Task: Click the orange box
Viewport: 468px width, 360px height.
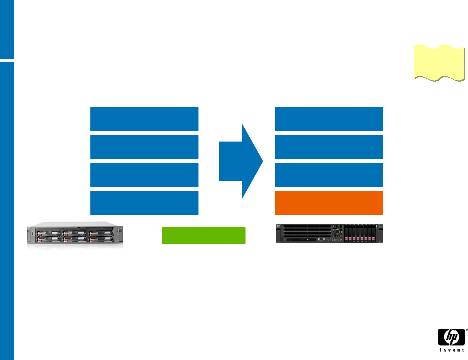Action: (329, 203)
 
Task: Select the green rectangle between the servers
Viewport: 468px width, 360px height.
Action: (203, 235)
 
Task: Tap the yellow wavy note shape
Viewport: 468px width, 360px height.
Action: (439, 63)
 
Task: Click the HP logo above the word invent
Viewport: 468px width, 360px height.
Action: (452, 337)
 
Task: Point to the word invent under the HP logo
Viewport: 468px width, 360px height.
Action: (452, 350)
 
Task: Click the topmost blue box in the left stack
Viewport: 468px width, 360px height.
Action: (144, 119)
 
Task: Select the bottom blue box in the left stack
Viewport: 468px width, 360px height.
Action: (144, 203)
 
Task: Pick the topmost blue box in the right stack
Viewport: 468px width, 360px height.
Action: (329, 119)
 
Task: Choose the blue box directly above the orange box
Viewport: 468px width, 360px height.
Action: (329, 175)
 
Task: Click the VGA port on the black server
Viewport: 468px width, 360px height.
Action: (321, 239)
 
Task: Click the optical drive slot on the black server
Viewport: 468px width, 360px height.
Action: (301, 240)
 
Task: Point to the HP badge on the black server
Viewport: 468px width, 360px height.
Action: (278, 226)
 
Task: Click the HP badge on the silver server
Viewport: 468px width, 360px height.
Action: (29, 228)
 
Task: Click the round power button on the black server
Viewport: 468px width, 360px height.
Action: (341, 239)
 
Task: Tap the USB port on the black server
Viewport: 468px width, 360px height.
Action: (329, 239)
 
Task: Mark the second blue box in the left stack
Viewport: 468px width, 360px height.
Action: (144, 147)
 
